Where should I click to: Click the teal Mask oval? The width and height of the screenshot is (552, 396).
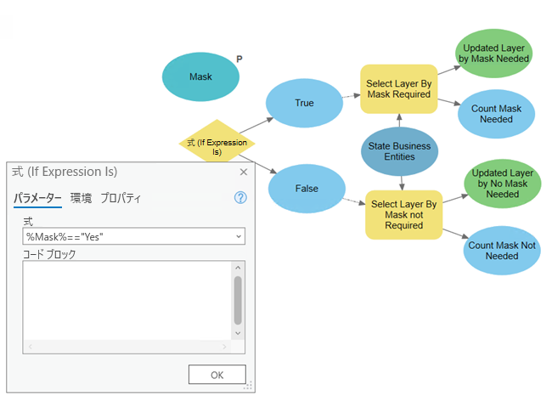click(200, 77)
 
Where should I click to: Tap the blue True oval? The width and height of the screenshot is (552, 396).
click(304, 103)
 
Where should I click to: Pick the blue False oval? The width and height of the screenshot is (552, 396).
click(306, 190)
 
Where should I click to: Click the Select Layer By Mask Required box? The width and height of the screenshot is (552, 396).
click(399, 89)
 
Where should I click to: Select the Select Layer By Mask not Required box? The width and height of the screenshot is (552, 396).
click(404, 215)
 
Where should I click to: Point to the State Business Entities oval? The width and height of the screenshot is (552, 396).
click(400, 151)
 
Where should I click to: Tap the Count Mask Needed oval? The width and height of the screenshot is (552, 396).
click(496, 114)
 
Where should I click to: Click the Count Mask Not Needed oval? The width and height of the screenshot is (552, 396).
click(502, 251)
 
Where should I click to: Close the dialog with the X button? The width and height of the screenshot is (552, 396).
click(244, 172)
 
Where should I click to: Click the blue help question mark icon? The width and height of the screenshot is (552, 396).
click(239, 198)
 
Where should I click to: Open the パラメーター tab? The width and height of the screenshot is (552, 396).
click(37, 198)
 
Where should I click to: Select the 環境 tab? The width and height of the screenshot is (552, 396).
click(81, 198)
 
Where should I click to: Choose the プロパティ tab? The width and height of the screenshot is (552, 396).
click(121, 198)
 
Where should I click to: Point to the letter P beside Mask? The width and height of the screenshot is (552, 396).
click(239, 59)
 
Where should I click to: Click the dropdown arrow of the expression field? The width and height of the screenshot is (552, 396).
click(239, 235)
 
